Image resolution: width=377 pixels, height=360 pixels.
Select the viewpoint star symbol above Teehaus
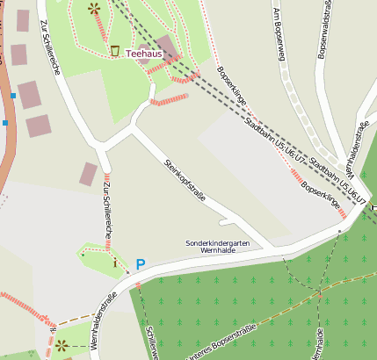coord(94,9)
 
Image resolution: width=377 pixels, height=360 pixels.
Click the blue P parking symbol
coord(141,263)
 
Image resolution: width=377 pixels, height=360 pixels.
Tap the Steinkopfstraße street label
coord(185,180)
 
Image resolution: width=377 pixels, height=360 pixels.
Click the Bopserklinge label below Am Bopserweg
coord(231,86)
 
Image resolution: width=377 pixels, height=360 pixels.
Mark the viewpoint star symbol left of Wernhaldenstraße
coord(62,345)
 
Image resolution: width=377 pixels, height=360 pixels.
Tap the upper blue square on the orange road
coord(13,94)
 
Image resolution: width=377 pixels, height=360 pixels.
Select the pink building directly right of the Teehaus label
coord(168,47)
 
